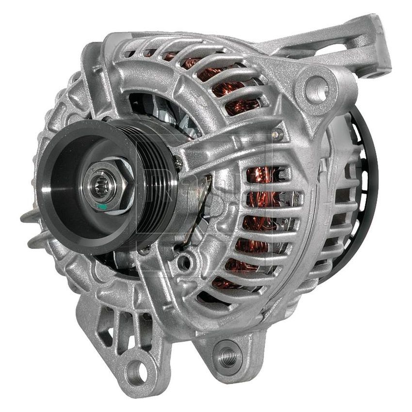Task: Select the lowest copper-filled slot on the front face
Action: coord(228,283)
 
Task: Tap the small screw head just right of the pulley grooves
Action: coord(178,164)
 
